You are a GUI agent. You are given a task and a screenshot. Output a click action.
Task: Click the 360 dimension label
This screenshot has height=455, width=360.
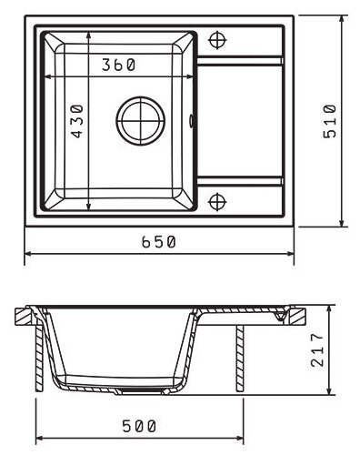[118, 65]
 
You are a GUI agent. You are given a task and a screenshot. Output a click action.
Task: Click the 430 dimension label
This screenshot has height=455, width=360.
[77, 121]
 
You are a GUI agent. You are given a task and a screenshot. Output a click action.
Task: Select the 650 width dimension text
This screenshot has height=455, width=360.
[159, 242]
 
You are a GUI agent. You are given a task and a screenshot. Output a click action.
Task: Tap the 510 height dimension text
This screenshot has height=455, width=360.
[330, 121]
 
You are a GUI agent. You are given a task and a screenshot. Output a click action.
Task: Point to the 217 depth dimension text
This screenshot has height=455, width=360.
[317, 349]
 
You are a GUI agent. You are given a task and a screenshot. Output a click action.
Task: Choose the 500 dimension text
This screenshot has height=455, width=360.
[139, 426]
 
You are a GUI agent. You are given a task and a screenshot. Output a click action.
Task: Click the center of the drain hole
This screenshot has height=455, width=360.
[141, 121]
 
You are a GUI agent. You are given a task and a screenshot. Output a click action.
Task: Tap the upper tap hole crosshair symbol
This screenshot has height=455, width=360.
[217, 40]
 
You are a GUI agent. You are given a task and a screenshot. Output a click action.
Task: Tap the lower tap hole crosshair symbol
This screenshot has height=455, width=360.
[217, 202]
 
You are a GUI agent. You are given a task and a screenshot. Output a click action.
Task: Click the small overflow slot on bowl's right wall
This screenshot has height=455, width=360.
[191, 121]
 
